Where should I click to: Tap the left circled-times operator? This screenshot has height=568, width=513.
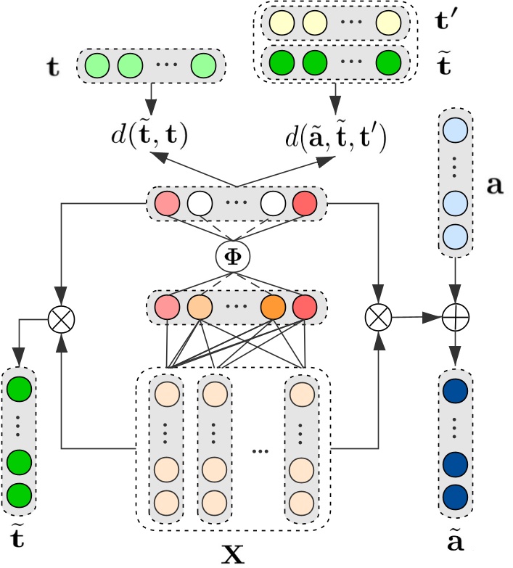point(62,316)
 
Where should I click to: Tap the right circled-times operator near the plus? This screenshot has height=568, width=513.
point(379,316)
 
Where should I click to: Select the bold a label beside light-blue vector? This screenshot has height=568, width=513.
point(495,185)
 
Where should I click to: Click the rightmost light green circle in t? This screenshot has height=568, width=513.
point(205,67)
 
